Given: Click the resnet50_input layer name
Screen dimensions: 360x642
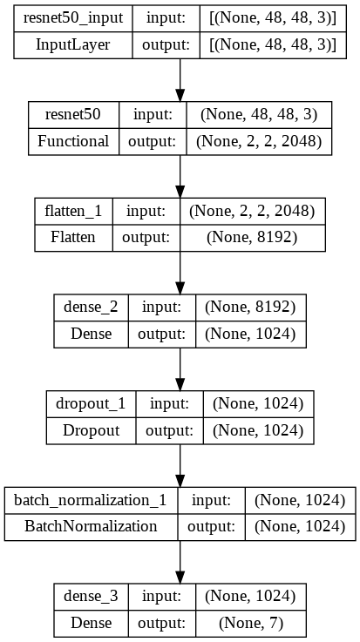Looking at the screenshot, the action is click(x=73, y=18).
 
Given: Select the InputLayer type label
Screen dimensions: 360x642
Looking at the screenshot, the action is click(x=73, y=44).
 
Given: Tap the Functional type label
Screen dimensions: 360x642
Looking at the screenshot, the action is click(x=73, y=141).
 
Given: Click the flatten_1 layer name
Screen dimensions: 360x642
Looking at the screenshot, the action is click(x=73, y=212).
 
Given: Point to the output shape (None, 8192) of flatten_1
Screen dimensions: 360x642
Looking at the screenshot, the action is click(x=252, y=238).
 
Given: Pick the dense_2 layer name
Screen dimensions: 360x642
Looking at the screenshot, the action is click(x=91, y=307).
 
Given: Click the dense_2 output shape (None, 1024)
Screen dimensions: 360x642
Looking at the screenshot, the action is click(x=250, y=335).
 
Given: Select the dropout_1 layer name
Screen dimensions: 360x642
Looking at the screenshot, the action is click(x=91, y=404).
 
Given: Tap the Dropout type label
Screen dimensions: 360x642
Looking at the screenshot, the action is click(x=91, y=430).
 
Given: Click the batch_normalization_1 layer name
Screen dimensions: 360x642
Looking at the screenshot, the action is click(x=91, y=500).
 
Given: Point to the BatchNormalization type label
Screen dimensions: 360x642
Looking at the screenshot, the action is click(x=91, y=526).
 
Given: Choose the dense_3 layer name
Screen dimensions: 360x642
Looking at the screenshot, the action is click(x=91, y=597).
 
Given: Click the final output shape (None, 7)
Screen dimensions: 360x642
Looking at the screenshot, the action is click(x=251, y=623).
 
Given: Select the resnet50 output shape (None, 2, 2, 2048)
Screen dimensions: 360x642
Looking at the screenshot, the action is click(x=258, y=141).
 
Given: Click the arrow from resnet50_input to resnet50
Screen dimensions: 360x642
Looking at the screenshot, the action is click(x=180, y=80).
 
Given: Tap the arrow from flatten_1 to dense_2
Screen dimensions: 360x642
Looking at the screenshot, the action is click(x=180, y=273).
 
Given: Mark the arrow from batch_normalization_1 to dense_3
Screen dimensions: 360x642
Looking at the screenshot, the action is click(x=180, y=562).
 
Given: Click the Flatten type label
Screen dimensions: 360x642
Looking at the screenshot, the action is click(x=73, y=238).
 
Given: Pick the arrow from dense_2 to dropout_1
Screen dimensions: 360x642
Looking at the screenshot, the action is click(x=180, y=369).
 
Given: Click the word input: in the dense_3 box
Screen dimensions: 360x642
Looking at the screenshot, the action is click(x=162, y=597).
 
